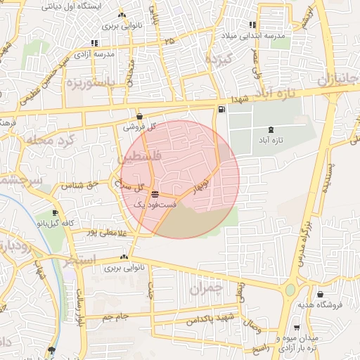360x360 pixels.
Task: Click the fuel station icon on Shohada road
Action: [222, 109]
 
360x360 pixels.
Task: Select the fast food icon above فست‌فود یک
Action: [155, 194]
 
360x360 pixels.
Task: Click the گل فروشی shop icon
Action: [139, 117]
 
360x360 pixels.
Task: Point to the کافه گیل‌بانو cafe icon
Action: [55, 212]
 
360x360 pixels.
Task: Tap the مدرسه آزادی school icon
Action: [94, 44]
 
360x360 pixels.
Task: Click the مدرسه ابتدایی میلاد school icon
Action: [252, 25]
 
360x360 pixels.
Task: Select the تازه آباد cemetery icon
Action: [271, 129]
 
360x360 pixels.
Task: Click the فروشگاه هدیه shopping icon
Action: [321, 294]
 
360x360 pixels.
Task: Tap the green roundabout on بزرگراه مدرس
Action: [290, 289]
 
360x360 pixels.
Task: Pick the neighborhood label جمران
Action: [205, 288]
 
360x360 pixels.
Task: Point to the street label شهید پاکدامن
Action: [210, 319]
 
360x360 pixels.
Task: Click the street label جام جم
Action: [115, 317]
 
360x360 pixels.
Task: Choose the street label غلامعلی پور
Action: [106, 232]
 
